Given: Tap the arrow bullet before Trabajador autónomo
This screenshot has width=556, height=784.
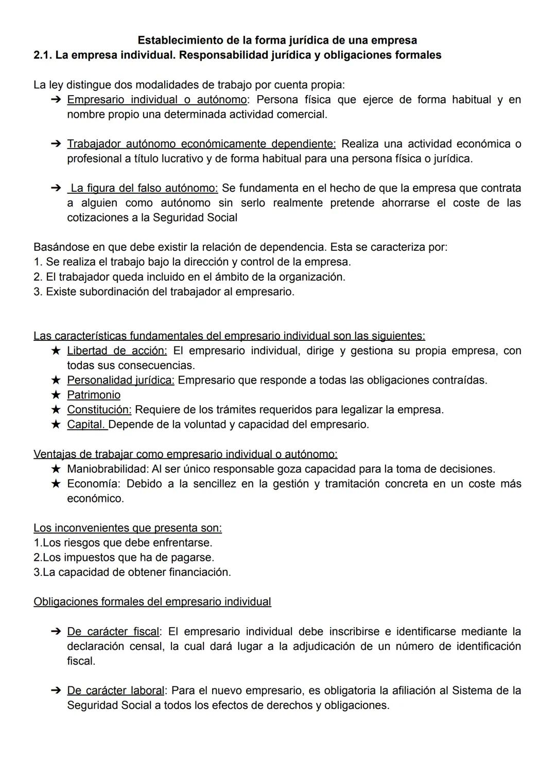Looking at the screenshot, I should pos(57,144).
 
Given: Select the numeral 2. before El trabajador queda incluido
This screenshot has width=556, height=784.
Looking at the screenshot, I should pos(38,277).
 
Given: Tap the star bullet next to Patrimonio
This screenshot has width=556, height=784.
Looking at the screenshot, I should pos(56,395).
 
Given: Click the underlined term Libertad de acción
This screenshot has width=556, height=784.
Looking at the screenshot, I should pos(117,351).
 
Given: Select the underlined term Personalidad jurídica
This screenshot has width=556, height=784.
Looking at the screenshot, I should pos(120,380).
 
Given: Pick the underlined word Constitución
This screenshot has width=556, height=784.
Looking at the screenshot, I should pos(99,410).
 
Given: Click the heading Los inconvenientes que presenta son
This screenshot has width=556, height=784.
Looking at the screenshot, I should pos(128,528).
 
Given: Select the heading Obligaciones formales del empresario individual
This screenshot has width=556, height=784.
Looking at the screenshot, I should pos(152,602).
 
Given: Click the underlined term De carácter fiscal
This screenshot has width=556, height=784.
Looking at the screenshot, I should pos(114,631).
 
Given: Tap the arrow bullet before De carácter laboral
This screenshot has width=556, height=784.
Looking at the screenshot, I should pos(57,690).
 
